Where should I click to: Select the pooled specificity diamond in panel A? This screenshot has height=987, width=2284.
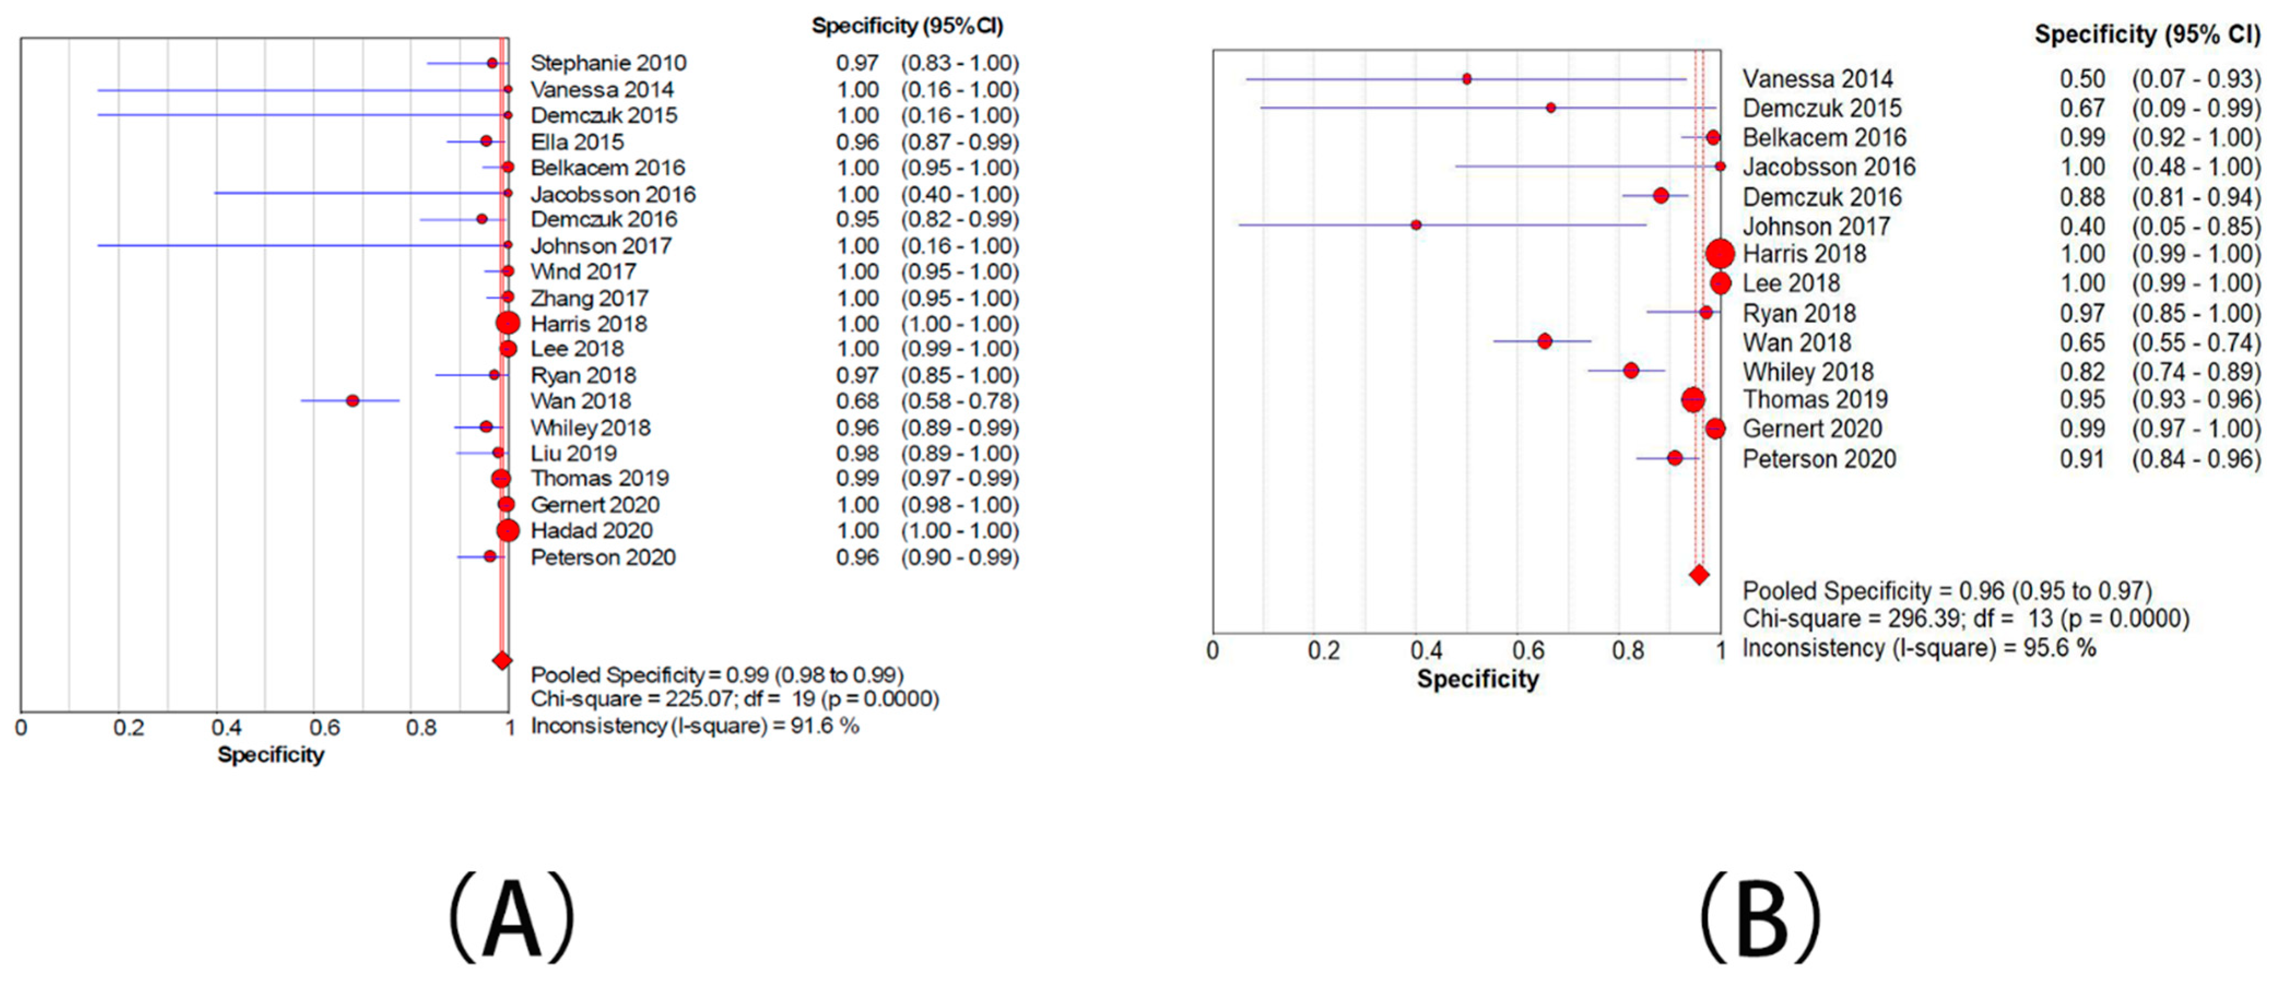click(502, 661)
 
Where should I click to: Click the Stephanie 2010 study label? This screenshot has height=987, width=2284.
click(608, 63)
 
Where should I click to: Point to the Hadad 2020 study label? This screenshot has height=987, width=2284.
click(592, 530)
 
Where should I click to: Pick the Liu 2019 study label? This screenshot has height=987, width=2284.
click(574, 453)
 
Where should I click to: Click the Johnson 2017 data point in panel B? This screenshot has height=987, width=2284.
click(1416, 225)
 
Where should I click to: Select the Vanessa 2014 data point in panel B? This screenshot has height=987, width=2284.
click(1467, 79)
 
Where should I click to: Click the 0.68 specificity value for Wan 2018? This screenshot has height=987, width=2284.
click(857, 401)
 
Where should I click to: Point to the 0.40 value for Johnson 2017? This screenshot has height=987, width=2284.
click(2082, 226)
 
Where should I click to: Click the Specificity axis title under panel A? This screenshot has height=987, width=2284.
click(270, 755)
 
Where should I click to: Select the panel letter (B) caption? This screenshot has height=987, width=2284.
click(1760, 918)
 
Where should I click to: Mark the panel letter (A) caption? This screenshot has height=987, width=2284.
click(512, 918)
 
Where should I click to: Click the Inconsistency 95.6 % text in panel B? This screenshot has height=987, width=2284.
click(1919, 648)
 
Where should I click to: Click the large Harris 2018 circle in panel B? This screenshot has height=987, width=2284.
click(1720, 255)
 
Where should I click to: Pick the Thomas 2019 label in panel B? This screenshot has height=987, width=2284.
click(1815, 400)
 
